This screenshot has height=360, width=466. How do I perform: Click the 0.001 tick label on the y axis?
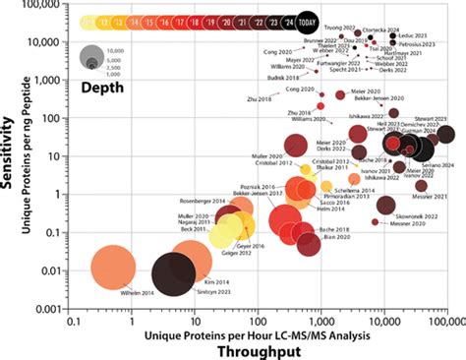[x=46, y=309]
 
